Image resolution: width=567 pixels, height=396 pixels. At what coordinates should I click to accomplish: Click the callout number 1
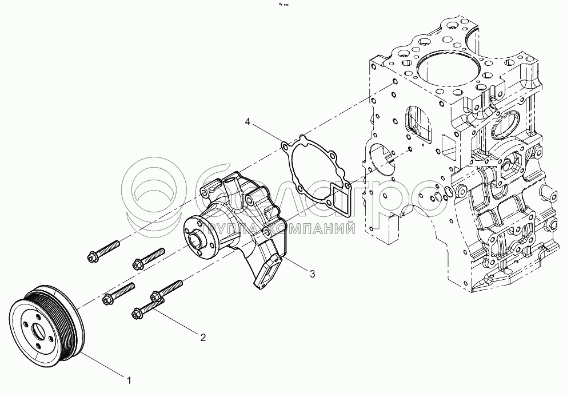point(130,379)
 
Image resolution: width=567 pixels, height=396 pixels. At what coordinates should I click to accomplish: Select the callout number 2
point(202,338)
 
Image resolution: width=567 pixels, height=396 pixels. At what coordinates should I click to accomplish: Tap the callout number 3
point(312,274)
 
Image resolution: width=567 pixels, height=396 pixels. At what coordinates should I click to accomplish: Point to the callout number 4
point(247,122)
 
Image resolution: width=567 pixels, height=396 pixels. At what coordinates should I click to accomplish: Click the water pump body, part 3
point(240,223)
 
